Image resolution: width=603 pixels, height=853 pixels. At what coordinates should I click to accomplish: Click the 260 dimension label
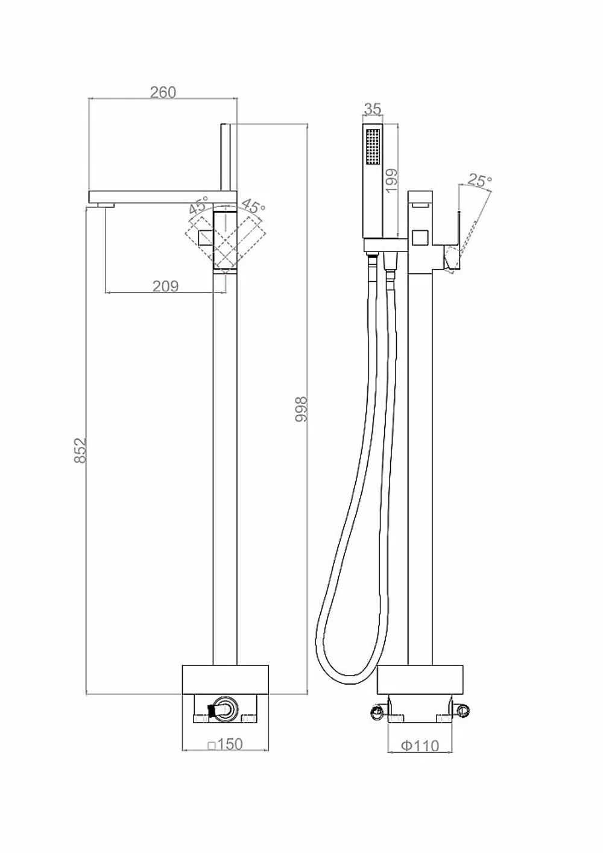point(163,92)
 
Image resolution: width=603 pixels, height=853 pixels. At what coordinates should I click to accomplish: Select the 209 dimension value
point(166,286)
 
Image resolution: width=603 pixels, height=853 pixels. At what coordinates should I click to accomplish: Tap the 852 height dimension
point(80,450)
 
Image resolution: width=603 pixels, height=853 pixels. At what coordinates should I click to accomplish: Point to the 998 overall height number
point(301,409)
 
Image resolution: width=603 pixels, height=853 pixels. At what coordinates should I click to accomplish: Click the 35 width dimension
point(373,109)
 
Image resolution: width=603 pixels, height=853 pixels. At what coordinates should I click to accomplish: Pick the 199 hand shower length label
point(391,180)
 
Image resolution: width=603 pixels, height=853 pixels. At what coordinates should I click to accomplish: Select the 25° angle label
point(479,180)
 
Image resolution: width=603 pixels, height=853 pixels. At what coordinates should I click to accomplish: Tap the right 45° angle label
point(253,206)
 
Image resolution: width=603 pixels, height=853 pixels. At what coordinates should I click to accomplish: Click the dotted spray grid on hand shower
point(373,147)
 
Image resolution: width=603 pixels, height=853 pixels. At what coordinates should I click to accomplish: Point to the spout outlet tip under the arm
point(106,205)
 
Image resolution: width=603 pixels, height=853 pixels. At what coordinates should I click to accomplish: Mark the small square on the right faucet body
point(421,238)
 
